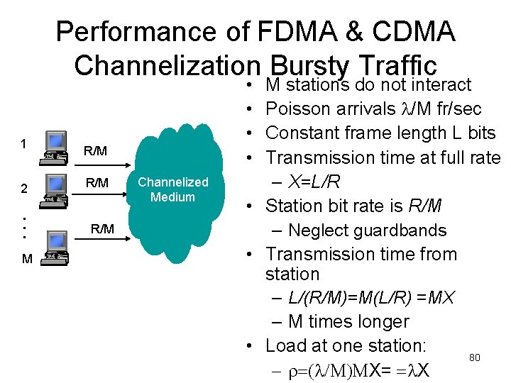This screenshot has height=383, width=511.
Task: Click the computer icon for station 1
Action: [53, 145]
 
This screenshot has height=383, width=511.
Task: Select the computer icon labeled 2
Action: [53, 187]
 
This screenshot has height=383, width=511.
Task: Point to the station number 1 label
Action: [23, 143]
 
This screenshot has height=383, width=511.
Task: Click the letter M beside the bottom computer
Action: [26, 260]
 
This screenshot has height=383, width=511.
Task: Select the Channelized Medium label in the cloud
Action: [172, 189]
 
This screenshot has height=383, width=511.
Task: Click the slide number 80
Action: [475, 357]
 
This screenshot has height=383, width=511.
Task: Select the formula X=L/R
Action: [314, 182]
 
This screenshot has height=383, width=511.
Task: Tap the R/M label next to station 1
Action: [95, 150]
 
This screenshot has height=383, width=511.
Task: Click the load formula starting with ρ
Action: [366, 370]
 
